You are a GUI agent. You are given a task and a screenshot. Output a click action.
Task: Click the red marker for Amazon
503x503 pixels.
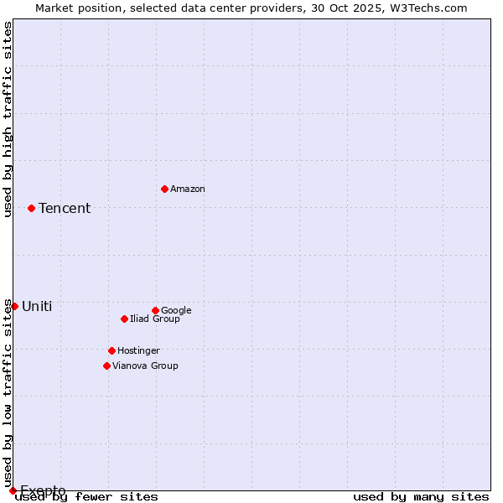tap(164, 189)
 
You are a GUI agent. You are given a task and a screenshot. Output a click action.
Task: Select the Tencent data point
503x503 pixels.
tap(31, 208)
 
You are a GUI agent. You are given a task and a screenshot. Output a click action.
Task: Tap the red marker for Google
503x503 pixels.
tap(155, 310)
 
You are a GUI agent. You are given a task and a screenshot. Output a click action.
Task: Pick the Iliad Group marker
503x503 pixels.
tap(124, 319)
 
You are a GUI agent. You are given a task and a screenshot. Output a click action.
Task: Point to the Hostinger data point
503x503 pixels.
tap(111, 350)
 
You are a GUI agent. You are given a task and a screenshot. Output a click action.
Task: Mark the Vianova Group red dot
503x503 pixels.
tap(106, 366)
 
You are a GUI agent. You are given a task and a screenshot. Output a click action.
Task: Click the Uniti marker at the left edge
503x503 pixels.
tap(14, 306)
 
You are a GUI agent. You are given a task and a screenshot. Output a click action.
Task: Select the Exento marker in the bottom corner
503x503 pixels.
tap(13, 490)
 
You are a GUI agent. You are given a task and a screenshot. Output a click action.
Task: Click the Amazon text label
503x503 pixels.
tap(188, 189)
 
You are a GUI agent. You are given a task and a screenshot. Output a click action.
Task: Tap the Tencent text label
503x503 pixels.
tap(65, 209)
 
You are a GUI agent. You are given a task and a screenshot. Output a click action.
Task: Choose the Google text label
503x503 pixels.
tap(176, 311)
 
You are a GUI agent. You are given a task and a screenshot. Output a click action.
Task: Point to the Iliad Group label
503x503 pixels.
tap(155, 319)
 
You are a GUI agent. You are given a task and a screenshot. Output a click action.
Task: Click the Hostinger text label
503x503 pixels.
tap(138, 351)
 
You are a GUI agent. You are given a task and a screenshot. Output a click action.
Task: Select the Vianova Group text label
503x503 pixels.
tap(145, 366)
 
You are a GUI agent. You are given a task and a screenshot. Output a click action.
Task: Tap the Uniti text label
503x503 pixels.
tap(37, 307)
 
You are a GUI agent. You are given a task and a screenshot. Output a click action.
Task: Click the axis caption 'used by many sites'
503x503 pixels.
tap(421, 497)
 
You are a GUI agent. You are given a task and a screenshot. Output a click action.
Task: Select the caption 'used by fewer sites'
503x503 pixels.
tap(86, 497)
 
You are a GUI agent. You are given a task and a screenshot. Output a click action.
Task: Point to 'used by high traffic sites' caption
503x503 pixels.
tap(8, 119)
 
